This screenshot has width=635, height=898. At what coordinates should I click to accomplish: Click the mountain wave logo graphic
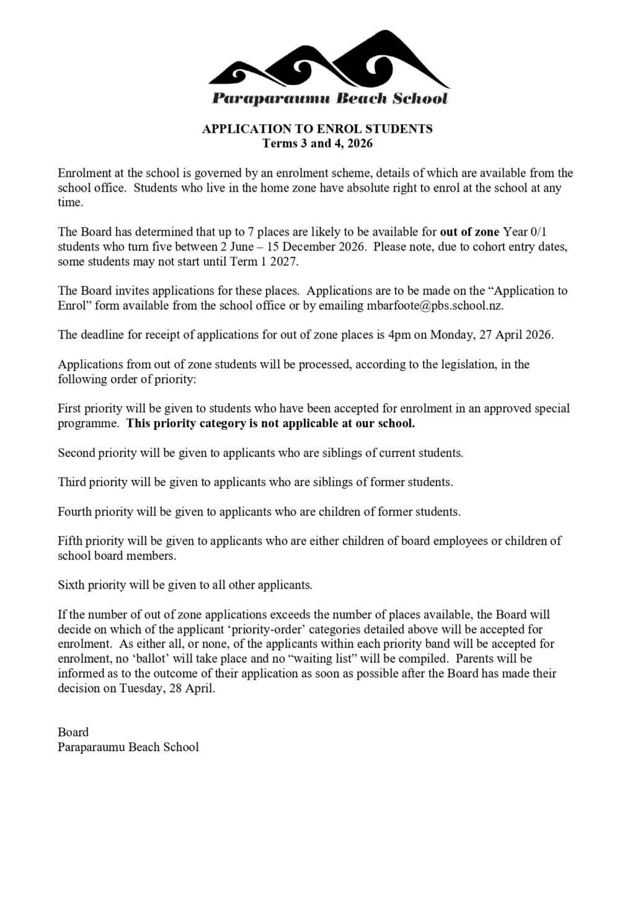coord(329,62)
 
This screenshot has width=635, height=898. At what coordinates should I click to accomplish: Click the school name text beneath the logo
coord(329,99)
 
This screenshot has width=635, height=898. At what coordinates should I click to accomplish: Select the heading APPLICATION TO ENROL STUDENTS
coord(317,129)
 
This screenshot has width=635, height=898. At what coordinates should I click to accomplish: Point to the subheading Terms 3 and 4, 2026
coord(317,144)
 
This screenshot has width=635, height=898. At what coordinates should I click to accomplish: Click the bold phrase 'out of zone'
coord(469,232)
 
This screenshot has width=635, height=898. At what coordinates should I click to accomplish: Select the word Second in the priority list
coord(77,453)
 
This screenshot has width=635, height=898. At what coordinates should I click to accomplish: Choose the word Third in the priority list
coord(72,482)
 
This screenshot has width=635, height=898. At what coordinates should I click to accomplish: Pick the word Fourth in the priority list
coord(74,512)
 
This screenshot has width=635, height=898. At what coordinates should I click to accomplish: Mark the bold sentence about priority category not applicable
coord(271,424)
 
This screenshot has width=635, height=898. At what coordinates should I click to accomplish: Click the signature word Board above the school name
coord(73,732)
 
